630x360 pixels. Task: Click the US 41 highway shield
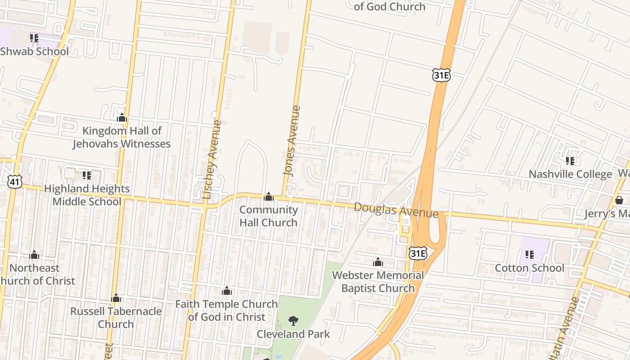click(13, 181)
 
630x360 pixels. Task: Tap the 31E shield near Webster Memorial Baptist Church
click(418, 253)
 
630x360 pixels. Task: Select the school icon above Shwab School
click(34, 38)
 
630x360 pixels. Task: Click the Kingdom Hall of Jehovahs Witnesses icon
click(121, 118)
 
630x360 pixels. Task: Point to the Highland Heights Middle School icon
click(87, 175)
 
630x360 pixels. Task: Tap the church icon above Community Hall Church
click(269, 197)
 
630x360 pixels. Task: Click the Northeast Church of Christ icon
click(34, 255)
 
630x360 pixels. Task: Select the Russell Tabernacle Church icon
click(116, 298)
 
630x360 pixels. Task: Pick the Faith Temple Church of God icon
click(227, 291)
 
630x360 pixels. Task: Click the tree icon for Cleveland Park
click(293, 321)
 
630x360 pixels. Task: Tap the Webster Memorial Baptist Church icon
click(378, 262)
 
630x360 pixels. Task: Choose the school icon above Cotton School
click(530, 255)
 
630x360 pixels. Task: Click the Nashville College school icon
click(570, 161)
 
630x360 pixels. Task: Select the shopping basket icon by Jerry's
click(619, 200)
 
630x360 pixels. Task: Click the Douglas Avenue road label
click(396, 210)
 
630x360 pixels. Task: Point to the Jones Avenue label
click(292, 140)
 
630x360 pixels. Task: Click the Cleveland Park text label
click(293, 334)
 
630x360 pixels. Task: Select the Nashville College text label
click(570, 174)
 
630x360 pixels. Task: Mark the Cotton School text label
click(529, 268)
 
